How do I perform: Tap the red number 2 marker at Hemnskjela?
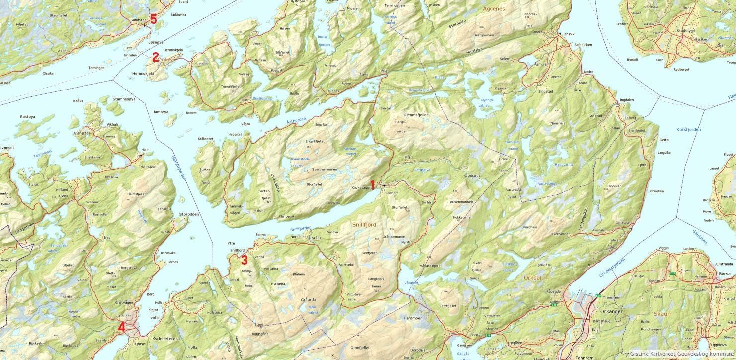tap(155, 57)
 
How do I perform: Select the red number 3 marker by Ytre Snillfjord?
tap(244, 260)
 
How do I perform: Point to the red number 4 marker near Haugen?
tap(121, 327)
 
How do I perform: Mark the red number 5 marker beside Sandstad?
tap(153, 19)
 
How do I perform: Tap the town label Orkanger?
tap(611, 311)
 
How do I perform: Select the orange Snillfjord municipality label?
tap(364, 225)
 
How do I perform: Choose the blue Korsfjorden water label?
tap(689, 129)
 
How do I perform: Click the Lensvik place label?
tap(567, 34)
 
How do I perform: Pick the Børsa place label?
tap(725, 273)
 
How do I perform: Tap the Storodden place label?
tap(189, 214)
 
